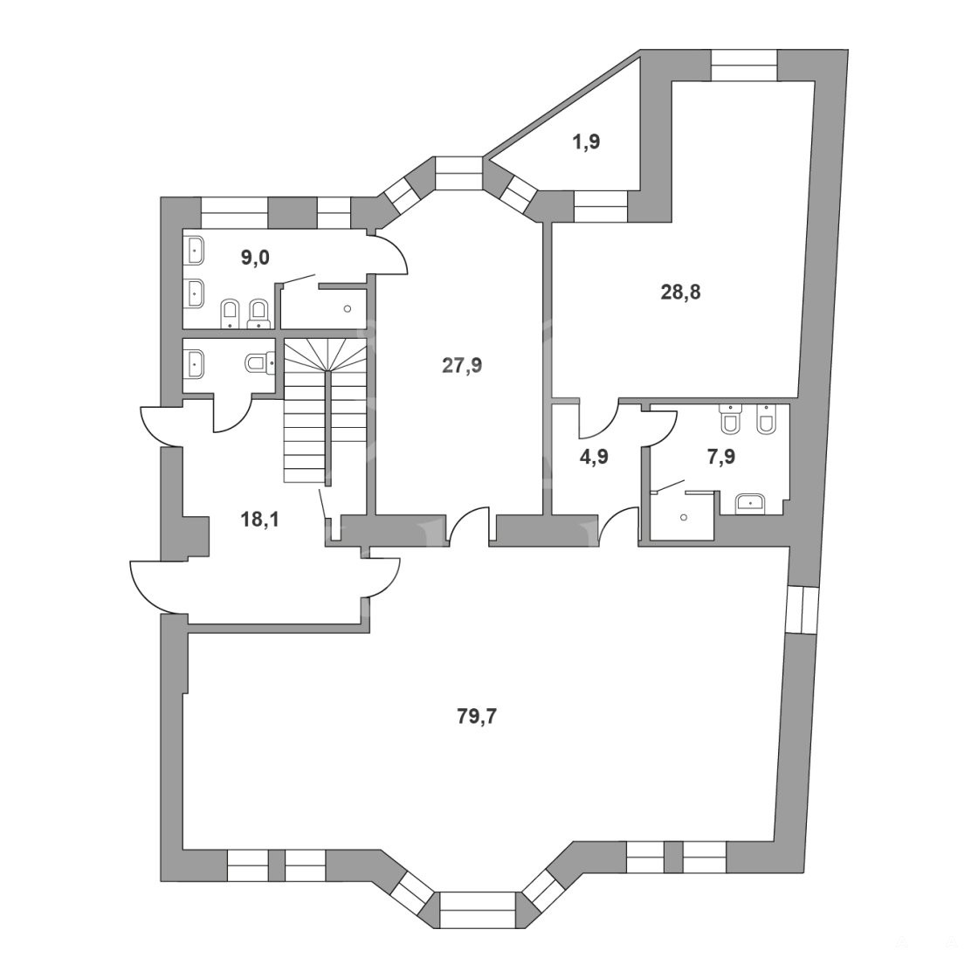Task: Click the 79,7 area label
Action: point(477,717)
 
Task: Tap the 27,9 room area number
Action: point(462,366)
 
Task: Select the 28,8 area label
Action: point(680,292)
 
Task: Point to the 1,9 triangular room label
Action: point(586,142)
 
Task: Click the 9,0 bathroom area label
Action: point(255,257)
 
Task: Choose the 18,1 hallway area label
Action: point(260,519)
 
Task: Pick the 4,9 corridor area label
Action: point(594,457)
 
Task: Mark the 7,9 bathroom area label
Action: point(721,457)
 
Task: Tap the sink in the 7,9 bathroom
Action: point(751,503)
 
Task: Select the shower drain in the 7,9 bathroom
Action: point(685,517)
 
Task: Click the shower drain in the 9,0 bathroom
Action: point(348,308)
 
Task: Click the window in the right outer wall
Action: point(802,610)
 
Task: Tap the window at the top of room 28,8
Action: point(744,65)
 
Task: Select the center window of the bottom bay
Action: point(479,910)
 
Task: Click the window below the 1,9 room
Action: point(601,206)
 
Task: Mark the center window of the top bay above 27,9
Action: point(459,173)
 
